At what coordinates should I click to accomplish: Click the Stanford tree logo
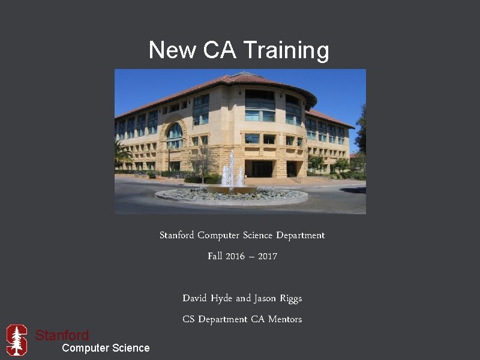tap(17, 340)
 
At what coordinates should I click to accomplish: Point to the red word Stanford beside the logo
tap(62, 335)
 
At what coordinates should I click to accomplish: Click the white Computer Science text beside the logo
tap(106, 348)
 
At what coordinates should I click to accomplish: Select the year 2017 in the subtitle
tap(268, 256)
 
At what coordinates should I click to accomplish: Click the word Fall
tap(215, 256)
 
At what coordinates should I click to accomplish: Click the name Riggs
tap(291, 298)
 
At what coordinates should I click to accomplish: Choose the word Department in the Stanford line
tap(300, 235)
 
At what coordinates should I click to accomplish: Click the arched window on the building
tap(175, 134)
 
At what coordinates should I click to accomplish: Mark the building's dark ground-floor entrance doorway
tap(261, 168)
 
